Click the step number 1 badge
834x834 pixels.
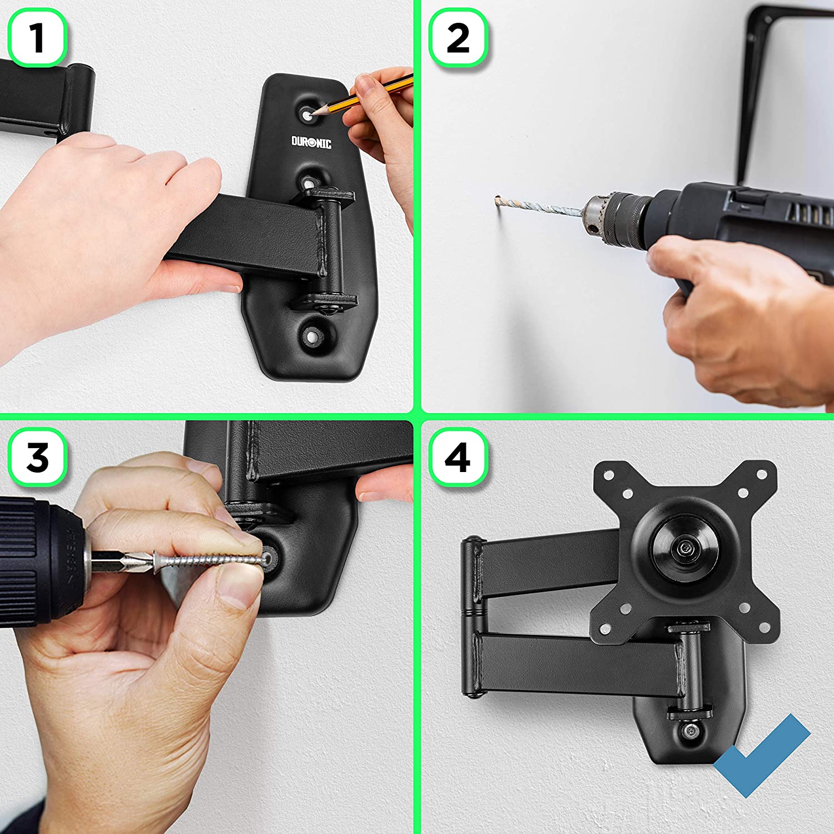tap(37, 38)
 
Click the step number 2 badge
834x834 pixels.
tap(458, 38)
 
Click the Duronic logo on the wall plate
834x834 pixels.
tap(311, 143)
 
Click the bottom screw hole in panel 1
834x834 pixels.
tap(313, 336)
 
